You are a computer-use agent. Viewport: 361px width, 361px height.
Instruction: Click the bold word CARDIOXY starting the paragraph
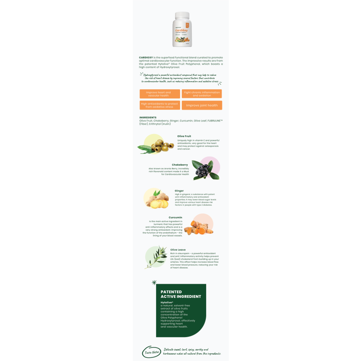click(x=146, y=58)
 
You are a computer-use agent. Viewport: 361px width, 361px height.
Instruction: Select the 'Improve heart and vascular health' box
click(x=159, y=94)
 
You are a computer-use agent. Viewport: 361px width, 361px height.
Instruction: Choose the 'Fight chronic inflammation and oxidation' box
click(x=202, y=94)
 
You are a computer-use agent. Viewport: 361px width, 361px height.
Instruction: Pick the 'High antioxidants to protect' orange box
click(x=159, y=105)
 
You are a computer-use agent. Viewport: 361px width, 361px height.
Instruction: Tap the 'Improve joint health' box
click(x=202, y=105)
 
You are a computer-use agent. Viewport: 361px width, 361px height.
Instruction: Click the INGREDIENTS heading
click(x=148, y=117)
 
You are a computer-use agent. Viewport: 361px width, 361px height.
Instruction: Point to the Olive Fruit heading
click(x=184, y=136)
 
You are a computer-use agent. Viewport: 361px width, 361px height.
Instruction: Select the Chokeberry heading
click(x=179, y=165)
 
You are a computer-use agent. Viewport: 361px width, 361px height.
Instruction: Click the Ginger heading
click(x=179, y=190)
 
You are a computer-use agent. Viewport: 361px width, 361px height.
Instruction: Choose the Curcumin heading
click(x=176, y=217)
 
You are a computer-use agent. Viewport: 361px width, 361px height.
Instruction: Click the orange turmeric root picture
click(x=199, y=226)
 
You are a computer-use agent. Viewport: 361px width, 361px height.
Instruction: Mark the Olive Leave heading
click(x=178, y=250)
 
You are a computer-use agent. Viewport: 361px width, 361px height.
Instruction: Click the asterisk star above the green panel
click(x=154, y=282)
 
